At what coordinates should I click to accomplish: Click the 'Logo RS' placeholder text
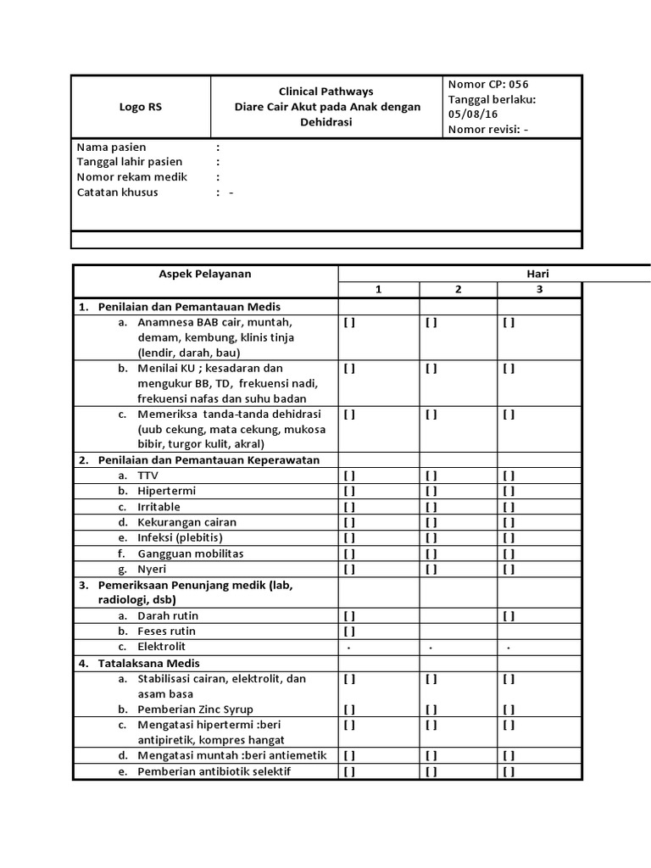point(141,107)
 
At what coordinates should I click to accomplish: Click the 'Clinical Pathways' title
point(326,92)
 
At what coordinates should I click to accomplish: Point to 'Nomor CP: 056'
point(488,84)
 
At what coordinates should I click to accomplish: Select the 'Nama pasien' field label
point(111,147)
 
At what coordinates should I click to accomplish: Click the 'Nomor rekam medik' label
point(132,177)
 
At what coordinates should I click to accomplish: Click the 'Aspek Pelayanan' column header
point(205,274)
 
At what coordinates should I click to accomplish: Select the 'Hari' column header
point(538,274)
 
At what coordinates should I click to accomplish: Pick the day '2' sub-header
point(458,290)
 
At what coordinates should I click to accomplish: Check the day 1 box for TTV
point(349,476)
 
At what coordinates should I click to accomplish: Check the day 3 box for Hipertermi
point(509,491)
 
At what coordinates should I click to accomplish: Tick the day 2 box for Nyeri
point(431,569)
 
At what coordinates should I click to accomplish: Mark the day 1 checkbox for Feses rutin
point(349,632)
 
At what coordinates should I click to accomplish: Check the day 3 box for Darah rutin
point(509,616)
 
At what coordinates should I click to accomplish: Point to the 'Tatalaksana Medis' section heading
point(149,663)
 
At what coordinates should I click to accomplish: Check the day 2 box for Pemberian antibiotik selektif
point(431,771)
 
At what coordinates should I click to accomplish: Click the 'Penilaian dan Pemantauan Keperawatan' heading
point(209,460)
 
